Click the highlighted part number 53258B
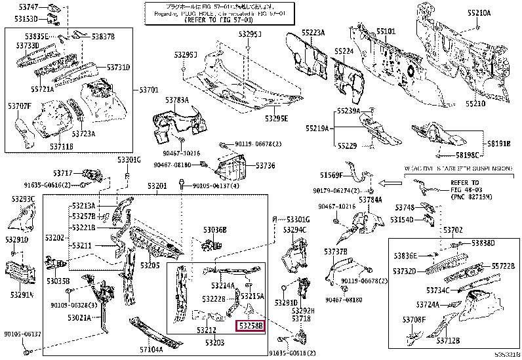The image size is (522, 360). (x=250, y=325)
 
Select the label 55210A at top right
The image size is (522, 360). (x=478, y=12)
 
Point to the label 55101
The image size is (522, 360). (x=386, y=31)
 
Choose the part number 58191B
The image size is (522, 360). (x=498, y=143)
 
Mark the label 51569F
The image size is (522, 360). (x=332, y=174)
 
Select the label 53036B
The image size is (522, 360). (x=214, y=230)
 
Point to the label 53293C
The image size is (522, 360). (x=22, y=198)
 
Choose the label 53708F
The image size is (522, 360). (x=414, y=319)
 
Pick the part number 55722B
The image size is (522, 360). (x=504, y=266)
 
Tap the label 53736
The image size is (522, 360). (x=265, y=166)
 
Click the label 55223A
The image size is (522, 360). (x=313, y=32)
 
